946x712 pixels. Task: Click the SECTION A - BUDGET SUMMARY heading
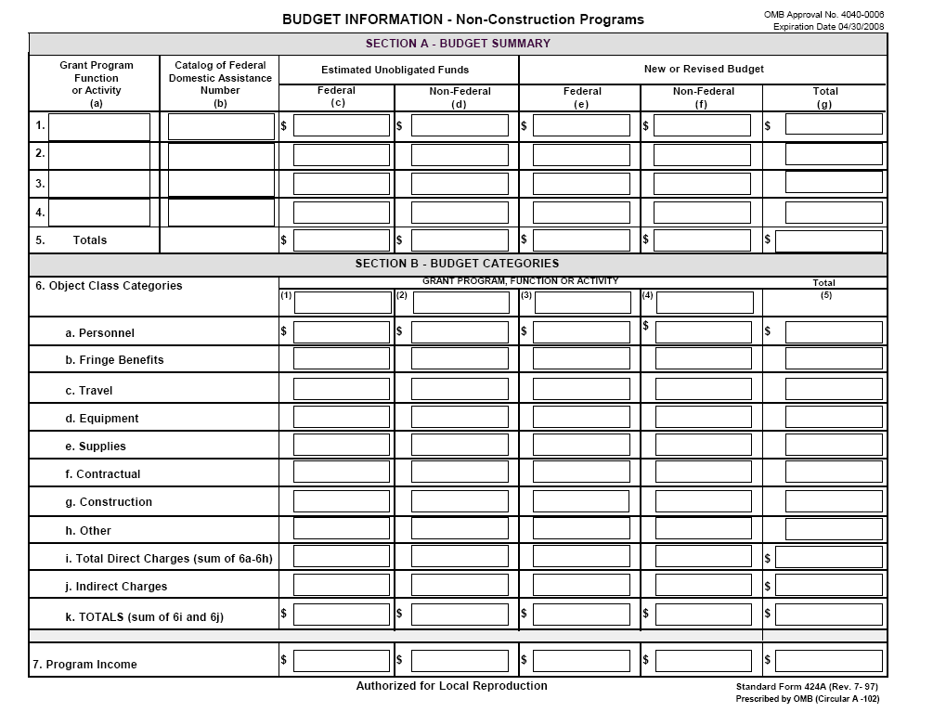tap(458, 44)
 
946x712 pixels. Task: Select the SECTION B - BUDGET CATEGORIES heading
tap(457, 264)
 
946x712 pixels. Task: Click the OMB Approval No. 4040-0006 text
tap(823, 15)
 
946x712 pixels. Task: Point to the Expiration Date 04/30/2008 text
tap(828, 27)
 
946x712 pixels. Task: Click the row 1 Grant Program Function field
tap(99, 126)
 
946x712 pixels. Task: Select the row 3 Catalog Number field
tap(221, 184)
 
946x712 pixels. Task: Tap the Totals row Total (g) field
tap(829, 241)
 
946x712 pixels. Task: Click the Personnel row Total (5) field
tap(834, 332)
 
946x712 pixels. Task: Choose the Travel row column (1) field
tap(342, 389)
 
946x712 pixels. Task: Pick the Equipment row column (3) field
tap(581, 418)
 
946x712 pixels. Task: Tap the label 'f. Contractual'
tap(103, 474)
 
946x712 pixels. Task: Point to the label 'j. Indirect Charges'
tap(116, 587)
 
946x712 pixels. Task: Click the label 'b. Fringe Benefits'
tap(114, 360)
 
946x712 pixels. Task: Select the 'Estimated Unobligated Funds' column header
tap(395, 70)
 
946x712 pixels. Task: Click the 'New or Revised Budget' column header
tap(704, 69)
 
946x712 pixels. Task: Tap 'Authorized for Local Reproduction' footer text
tap(451, 686)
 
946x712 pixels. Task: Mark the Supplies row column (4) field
tap(703, 445)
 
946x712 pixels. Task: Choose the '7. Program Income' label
tap(84, 665)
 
